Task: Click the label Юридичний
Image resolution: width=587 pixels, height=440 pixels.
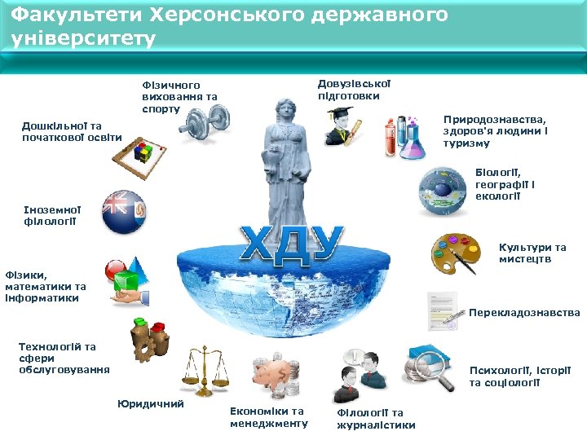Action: click(x=151, y=403)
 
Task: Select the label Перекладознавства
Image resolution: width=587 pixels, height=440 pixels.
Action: click(x=524, y=313)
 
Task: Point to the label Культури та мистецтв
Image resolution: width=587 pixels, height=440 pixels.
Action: click(x=532, y=253)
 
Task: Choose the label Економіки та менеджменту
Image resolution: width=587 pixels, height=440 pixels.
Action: click(x=269, y=417)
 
